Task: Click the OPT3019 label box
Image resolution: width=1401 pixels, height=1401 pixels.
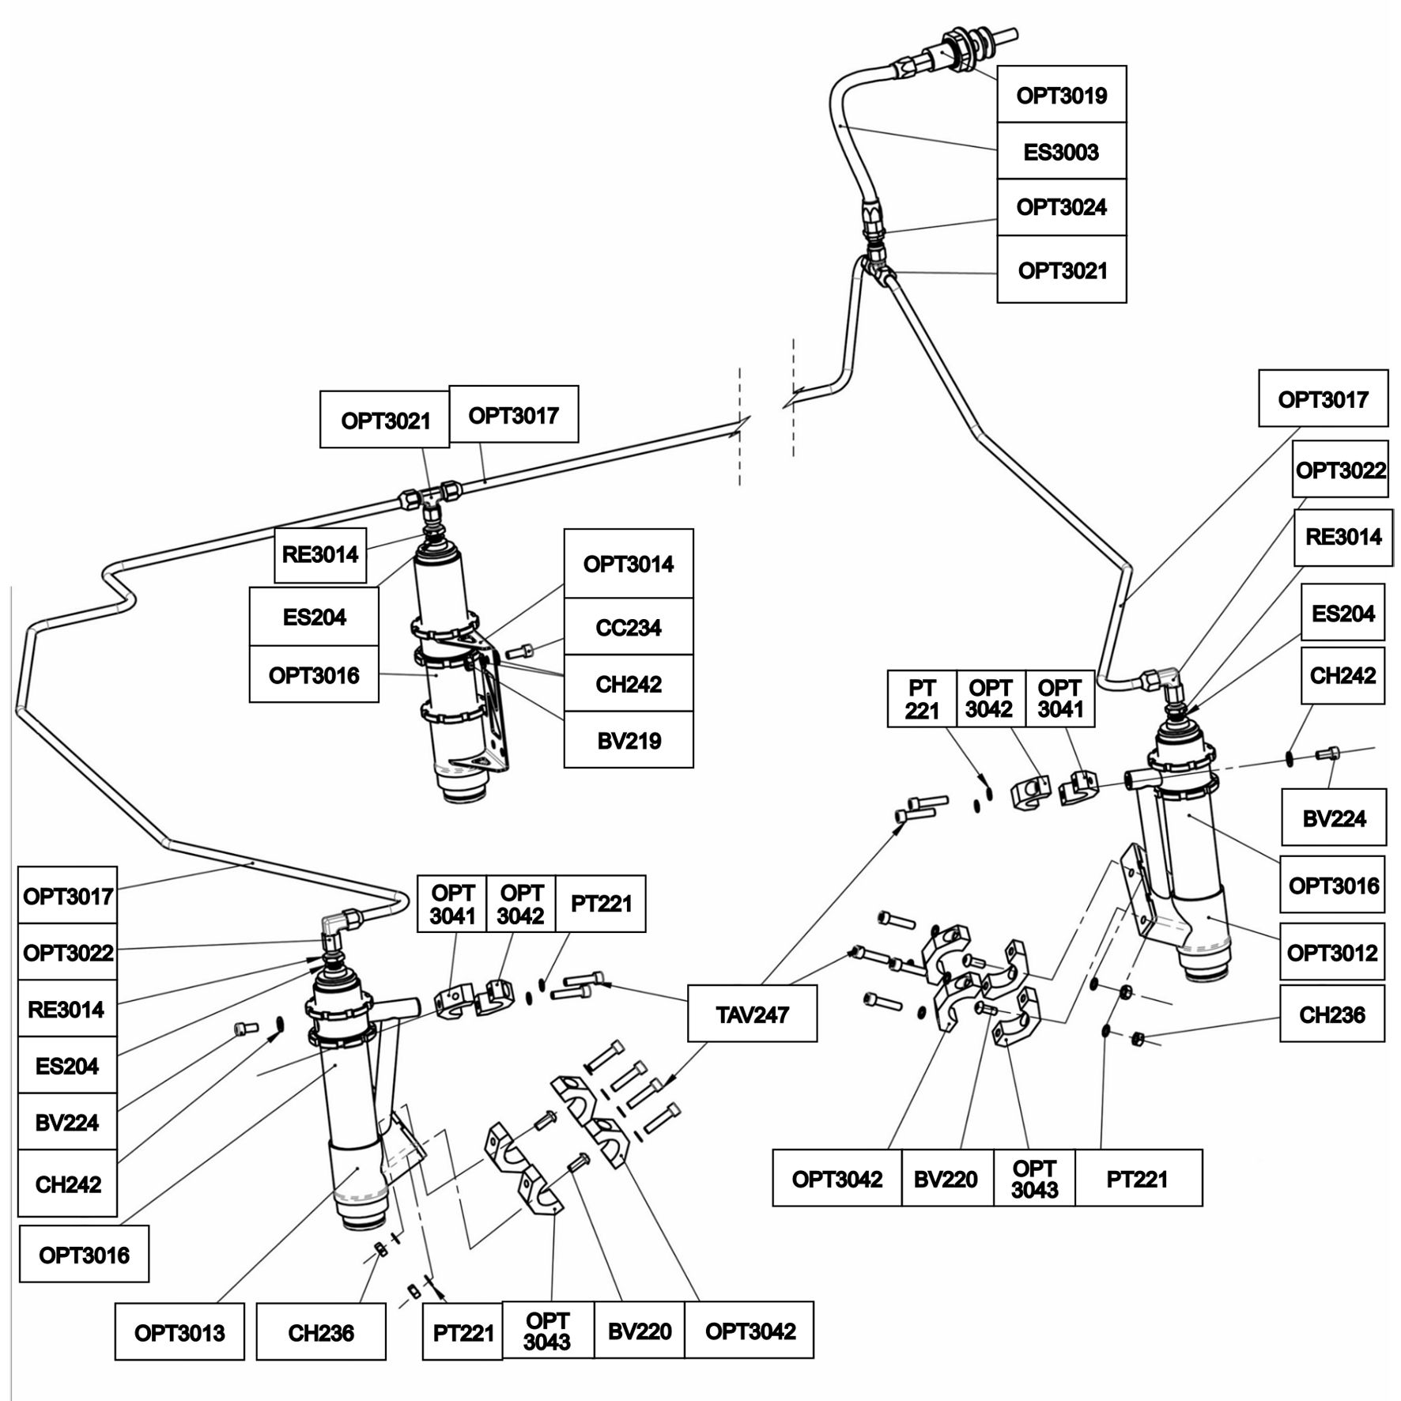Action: pyautogui.click(x=1061, y=94)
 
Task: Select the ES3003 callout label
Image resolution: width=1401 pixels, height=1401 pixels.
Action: pyautogui.click(x=1061, y=151)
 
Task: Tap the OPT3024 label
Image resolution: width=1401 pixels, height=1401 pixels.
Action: pyautogui.click(x=1061, y=207)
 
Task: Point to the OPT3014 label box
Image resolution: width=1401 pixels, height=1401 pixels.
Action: pyautogui.click(x=629, y=564)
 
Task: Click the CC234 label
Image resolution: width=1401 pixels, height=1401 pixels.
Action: pyautogui.click(x=629, y=627)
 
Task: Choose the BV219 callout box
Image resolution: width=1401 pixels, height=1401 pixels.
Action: pyautogui.click(x=629, y=740)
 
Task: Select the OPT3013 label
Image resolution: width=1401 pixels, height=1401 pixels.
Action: pyautogui.click(x=179, y=1332)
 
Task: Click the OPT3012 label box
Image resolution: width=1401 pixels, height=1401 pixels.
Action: pyautogui.click(x=1332, y=953)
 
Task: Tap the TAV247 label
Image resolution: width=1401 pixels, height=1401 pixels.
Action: pyautogui.click(x=752, y=1014)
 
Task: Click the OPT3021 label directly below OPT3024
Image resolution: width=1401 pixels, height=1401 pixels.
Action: pyautogui.click(x=1061, y=270)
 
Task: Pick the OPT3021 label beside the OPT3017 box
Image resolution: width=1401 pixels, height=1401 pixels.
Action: pyautogui.click(x=385, y=420)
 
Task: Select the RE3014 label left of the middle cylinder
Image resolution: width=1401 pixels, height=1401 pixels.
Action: pyautogui.click(x=320, y=554)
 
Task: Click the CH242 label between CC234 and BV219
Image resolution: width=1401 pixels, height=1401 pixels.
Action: pyautogui.click(x=629, y=683)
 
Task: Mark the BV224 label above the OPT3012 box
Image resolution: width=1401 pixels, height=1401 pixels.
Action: pyautogui.click(x=1334, y=818)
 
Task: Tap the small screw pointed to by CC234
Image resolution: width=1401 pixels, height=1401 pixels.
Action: pyautogui.click(x=520, y=651)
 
